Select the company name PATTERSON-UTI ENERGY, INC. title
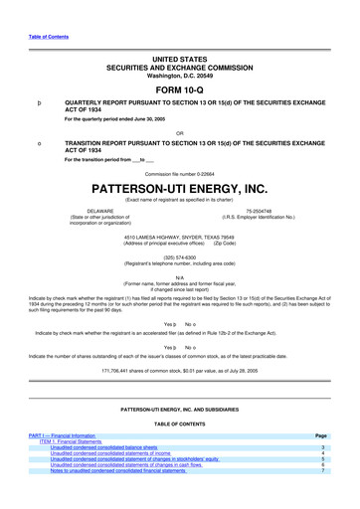179,187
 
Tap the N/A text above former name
179,277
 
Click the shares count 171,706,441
179,370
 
